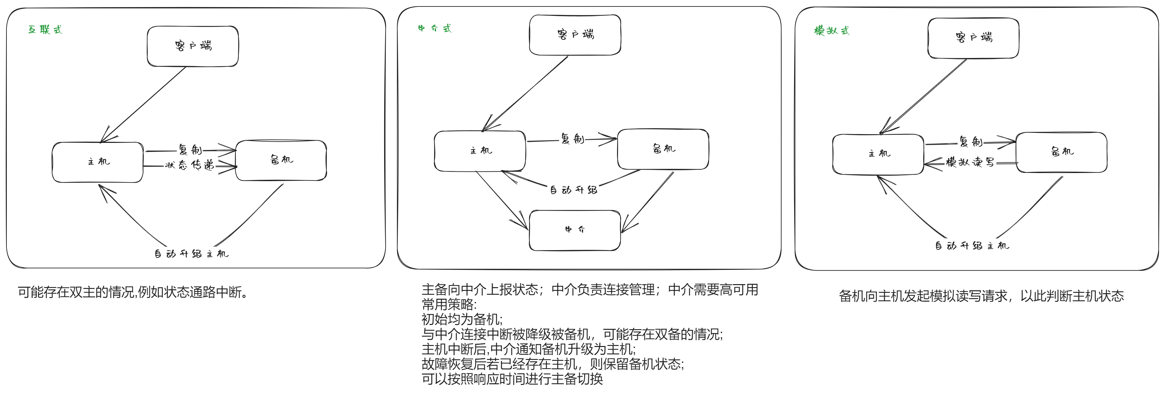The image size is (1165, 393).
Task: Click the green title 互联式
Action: (45, 30)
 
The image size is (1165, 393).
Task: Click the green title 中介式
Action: (434, 29)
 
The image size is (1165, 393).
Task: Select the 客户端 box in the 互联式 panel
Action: (193, 46)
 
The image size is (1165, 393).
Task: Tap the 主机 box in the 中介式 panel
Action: (480, 151)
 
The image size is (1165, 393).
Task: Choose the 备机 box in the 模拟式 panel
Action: (1061, 152)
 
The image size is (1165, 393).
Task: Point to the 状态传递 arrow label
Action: (189, 165)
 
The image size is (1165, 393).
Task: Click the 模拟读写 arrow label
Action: (970, 162)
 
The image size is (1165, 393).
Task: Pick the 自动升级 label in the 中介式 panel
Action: (573, 190)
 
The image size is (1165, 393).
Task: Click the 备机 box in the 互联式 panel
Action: (281, 160)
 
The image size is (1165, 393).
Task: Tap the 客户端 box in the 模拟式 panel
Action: (973, 38)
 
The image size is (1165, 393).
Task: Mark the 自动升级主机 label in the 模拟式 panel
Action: (971, 246)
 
